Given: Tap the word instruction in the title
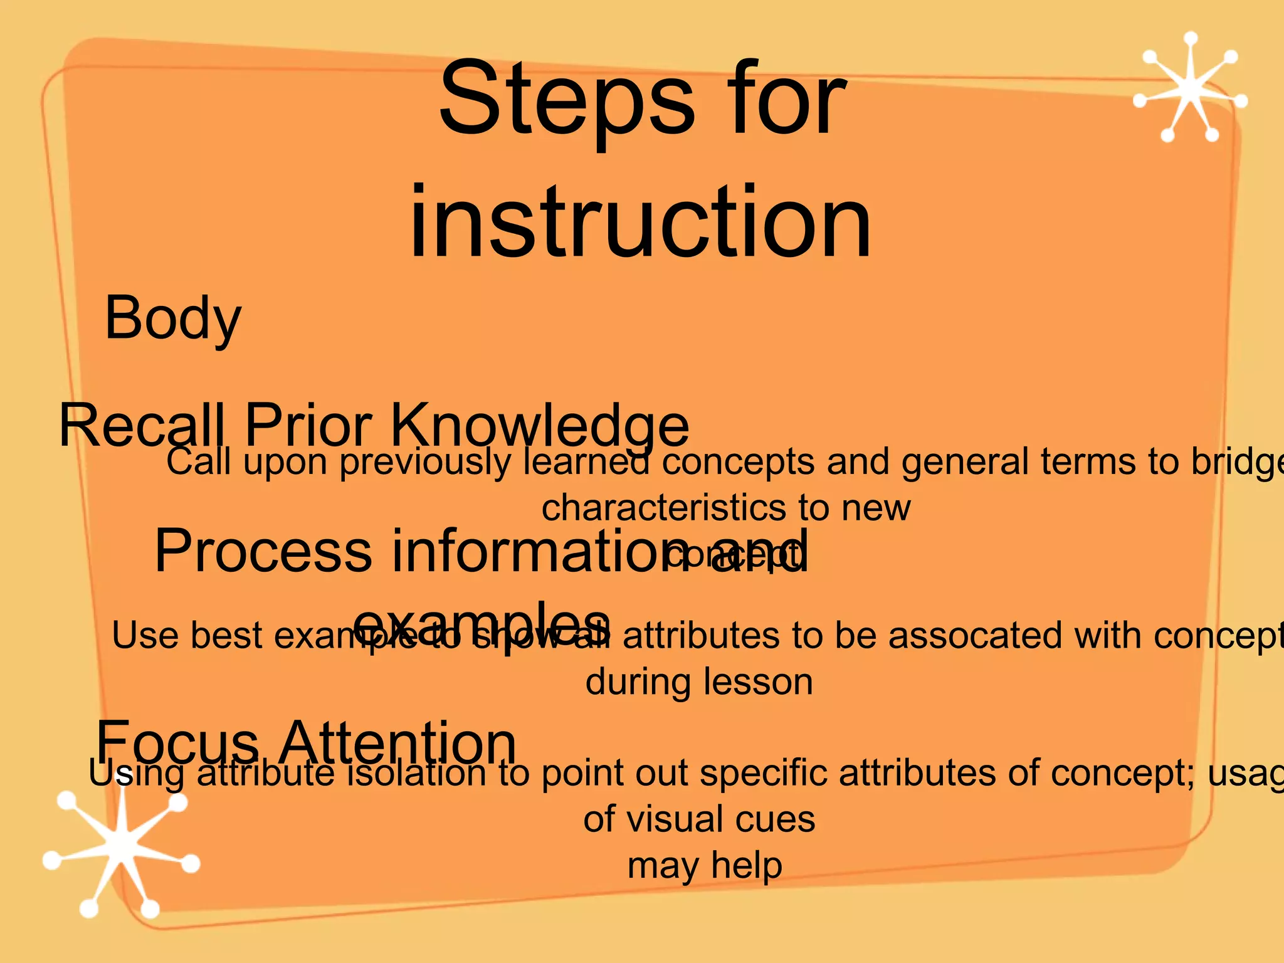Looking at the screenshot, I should tap(640, 223).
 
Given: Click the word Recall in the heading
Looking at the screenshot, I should tap(142, 426).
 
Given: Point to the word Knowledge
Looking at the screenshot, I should tap(539, 426).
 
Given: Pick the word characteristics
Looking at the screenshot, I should tap(663, 507).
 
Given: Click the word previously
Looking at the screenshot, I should tap(425, 463).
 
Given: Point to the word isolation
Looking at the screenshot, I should tap(416, 772).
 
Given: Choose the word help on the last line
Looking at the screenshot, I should tap(746, 866).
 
